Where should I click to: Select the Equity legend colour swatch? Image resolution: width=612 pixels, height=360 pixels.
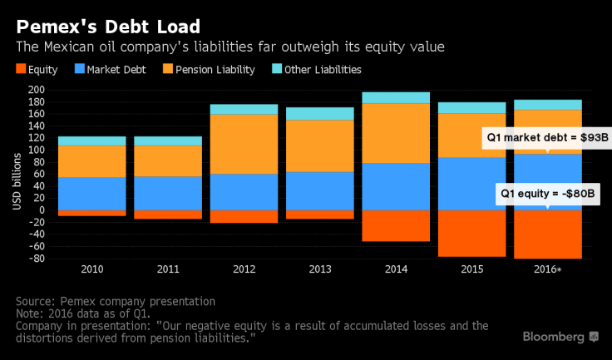coord(21,70)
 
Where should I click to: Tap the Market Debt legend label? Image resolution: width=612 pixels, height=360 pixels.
coord(116,70)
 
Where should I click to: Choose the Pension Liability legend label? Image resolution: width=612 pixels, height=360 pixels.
coord(214,70)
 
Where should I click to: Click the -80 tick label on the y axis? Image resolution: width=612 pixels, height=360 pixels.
coord(35,259)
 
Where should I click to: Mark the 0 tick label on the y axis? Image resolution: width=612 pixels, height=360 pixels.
coord(39,211)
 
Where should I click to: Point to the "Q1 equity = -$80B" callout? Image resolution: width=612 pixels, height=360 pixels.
coord(549,193)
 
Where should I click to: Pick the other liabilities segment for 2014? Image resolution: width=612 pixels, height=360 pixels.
coord(395,97)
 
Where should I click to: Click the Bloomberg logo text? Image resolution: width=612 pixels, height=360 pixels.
coord(553,337)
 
